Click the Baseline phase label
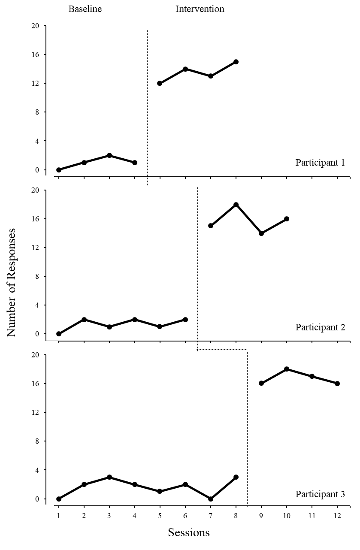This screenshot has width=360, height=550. tap(85, 9)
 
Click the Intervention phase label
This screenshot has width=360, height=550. tap(200, 9)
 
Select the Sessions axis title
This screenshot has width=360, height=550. tap(189, 532)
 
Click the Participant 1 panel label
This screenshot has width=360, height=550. tap(320, 163)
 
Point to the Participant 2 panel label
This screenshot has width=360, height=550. tap(320, 327)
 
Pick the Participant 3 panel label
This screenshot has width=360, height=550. tap(320, 494)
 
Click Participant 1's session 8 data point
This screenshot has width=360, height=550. tap(236, 62)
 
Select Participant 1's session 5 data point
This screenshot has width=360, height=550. tap(160, 83)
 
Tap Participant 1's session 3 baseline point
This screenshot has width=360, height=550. tap(109, 155)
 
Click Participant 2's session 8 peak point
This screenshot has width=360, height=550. tap(236, 205)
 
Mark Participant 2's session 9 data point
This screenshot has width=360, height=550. tap(261, 233)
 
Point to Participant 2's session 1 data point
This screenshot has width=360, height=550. tap(59, 334)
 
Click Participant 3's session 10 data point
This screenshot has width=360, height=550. tap(287, 369)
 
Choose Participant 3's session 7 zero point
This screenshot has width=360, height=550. tap(211, 499)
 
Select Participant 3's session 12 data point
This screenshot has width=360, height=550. tap(337, 384)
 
